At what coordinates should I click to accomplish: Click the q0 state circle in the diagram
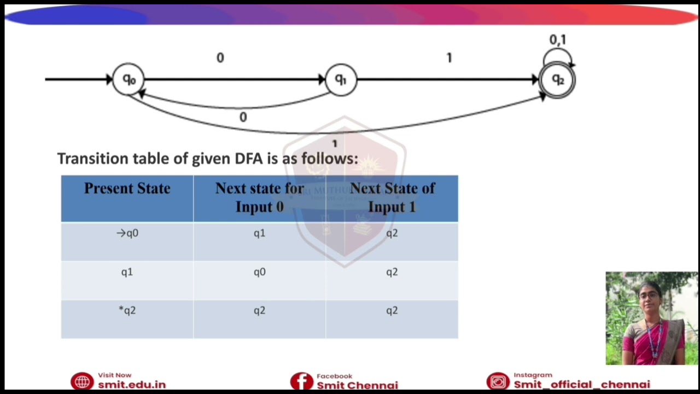point(128,79)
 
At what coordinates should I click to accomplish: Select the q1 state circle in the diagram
point(341,80)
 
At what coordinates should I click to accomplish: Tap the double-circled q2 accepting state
point(557,80)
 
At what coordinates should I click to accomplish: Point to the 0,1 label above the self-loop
point(558,40)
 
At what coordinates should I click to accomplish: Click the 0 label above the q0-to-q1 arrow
point(220,58)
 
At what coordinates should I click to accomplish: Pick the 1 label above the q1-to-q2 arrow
point(449,58)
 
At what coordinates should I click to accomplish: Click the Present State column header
point(127,189)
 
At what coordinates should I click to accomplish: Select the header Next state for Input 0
point(259,198)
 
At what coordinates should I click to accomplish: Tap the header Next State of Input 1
point(392,198)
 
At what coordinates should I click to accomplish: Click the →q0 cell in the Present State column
point(127,234)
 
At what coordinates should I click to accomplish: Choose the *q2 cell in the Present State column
point(127,311)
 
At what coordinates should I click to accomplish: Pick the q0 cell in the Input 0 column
point(259,272)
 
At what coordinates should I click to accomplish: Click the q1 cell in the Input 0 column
point(259,234)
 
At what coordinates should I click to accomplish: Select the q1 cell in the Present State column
point(127,272)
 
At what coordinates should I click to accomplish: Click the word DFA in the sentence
point(249,159)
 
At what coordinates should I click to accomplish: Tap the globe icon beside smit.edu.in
point(82,381)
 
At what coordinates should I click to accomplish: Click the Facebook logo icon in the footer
point(301,381)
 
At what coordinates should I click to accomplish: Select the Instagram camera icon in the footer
point(498,381)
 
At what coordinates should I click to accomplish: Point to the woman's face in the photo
point(649,298)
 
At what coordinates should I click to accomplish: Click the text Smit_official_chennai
point(581,385)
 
